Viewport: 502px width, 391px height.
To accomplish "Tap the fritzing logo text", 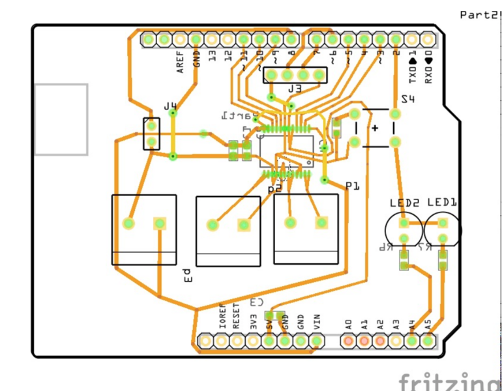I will point(450,381).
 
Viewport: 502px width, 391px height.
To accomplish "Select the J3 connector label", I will point(295,89).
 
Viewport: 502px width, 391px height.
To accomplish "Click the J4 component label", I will point(170,106).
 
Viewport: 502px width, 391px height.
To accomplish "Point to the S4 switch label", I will point(407,99).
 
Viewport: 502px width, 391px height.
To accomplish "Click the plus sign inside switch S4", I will point(375,128).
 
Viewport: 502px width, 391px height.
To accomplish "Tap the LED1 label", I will point(442,203).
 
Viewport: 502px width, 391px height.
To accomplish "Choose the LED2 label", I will point(404,203).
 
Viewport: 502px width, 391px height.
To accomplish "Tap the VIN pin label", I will point(317,320).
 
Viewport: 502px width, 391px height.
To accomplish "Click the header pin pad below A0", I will point(349,340).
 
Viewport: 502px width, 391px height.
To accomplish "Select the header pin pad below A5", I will point(428,340).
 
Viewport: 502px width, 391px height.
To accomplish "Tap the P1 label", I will point(353,186).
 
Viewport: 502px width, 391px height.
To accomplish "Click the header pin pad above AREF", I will point(180,40).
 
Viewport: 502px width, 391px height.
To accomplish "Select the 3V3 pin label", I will point(253,320).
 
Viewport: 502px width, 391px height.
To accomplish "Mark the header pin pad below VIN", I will point(317,340).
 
